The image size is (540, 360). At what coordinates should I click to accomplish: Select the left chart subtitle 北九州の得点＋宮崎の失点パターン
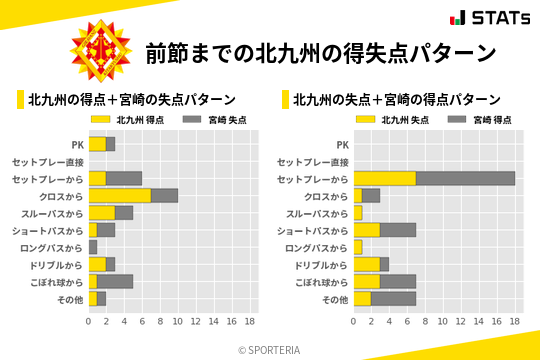tap(132, 100)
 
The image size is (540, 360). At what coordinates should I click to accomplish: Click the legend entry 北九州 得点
tap(117, 120)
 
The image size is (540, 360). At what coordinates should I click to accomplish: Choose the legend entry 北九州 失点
tap(382, 120)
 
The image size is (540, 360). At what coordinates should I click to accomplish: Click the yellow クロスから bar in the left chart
tap(120, 195)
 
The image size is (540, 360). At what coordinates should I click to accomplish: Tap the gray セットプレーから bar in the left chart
tap(124, 178)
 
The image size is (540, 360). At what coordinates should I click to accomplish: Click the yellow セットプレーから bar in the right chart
tap(385, 178)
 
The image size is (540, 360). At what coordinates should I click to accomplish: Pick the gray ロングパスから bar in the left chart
tap(93, 247)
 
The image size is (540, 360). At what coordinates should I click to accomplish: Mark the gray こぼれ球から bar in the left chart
tap(115, 281)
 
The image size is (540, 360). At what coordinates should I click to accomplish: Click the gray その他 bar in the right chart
tap(393, 298)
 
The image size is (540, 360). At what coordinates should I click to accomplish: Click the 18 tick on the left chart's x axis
tap(250, 322)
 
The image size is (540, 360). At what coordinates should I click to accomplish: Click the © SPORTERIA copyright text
tap(270, 349)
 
